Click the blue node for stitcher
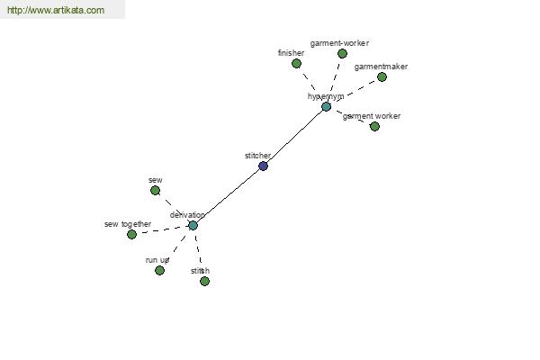click(263, 166)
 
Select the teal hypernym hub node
click(326, 107)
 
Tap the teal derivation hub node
click(193, 225)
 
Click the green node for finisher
click(296, 64)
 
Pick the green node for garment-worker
click(342, 54)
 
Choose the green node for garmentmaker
click(382, 77)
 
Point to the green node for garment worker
click(374, 126)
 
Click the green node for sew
click(155, 191)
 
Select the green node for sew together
click(131, 235)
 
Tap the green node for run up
click(159, 270)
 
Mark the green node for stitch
click(204, 282)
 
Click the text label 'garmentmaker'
click(381, 67)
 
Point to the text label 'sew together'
click(128, 224)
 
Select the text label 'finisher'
click(291, 53)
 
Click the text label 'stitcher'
click(257, 156)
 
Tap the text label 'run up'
click(157, 260)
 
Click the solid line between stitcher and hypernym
click(294, 137)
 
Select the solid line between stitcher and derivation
click(228, 196)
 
